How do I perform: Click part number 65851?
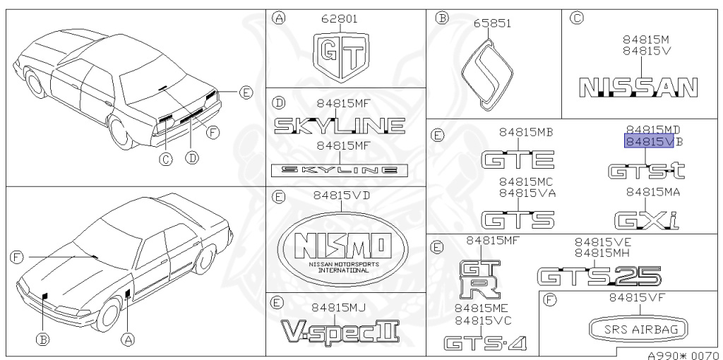coord(492,23)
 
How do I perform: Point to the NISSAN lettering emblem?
coord(638,87)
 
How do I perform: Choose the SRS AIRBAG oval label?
coord(639,329)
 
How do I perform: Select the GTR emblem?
coord(478,277)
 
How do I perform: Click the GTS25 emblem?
coord(599,276)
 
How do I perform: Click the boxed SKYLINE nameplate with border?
coord(340,169)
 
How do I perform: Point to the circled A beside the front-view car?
coord(128,340)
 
